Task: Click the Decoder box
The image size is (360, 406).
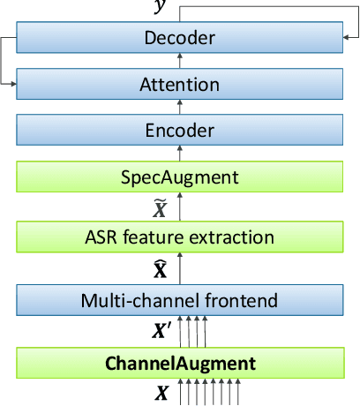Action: point(180,38)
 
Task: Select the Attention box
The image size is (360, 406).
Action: point(180,86)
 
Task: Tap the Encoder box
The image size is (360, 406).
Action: point(180,131)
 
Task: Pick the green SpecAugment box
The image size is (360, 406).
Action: point(180,178)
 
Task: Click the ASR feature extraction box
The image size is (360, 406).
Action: point(180,237)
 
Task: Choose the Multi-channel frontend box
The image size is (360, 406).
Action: point(180,301)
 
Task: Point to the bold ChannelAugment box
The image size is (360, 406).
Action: point(180,363)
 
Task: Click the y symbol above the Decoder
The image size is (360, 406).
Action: point(159,7)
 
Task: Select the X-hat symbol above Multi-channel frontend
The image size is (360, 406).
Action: point(160,268)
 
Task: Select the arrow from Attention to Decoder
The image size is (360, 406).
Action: point(180,62)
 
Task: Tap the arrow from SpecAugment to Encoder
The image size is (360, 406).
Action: point(180,154)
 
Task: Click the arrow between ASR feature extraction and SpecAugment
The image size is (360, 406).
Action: point(180,207)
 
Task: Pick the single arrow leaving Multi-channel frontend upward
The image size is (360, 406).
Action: point(180,269)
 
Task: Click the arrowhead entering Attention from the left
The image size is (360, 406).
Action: point(11,85)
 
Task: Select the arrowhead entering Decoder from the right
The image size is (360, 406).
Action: point(348,37)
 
